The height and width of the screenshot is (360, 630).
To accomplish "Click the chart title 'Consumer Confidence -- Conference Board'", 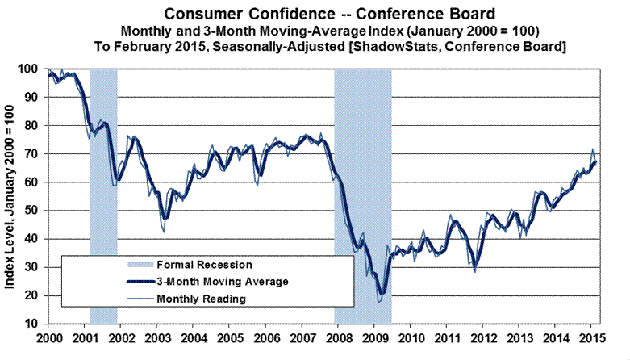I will (x=330, y=14).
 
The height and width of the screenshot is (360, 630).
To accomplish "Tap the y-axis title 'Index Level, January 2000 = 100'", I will (x=15, y=197).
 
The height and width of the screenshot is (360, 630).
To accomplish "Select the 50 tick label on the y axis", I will (x=34, y=211).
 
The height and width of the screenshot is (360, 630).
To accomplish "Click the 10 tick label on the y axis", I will (x=34, y=324).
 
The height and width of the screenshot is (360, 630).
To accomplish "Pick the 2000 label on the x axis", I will (x=50, y=337).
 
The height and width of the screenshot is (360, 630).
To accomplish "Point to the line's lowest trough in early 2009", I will (x=379, y=301).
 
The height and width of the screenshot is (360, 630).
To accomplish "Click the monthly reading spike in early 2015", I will (x=592, y=150).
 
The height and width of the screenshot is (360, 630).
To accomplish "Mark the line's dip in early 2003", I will (x=164, y=231).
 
